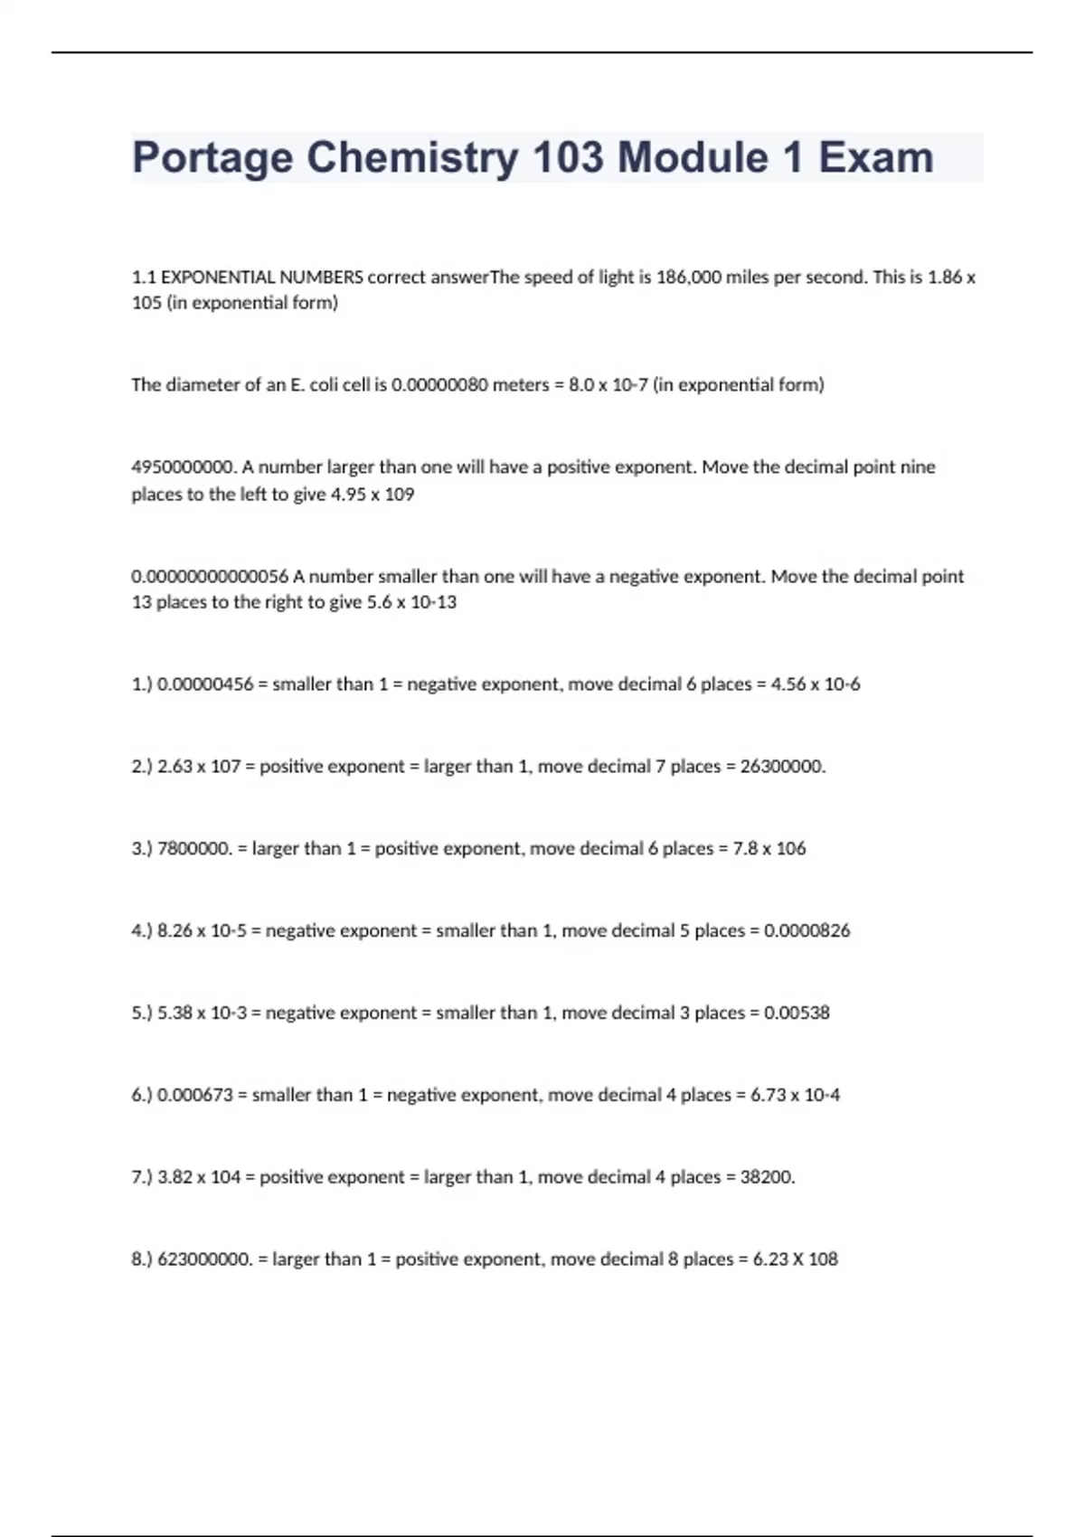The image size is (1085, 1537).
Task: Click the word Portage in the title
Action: [x=212, y=159]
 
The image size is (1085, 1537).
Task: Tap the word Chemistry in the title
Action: [x=413, y=157]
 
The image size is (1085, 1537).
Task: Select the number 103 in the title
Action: [x=568, y=157]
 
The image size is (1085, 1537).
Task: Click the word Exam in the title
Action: [x=875, y=157]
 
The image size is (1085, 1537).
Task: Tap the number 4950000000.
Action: [x=184, y=467]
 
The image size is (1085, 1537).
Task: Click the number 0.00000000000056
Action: [x=210, y=577]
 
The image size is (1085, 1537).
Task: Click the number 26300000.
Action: [x=783, y=767]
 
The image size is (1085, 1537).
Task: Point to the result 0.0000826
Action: [x=807, y=930]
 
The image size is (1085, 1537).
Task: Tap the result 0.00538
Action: [x=797, y=1013]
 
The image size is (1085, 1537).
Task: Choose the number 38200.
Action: [x=768, y=1177]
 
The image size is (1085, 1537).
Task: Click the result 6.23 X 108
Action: [x=795, y=1259]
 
